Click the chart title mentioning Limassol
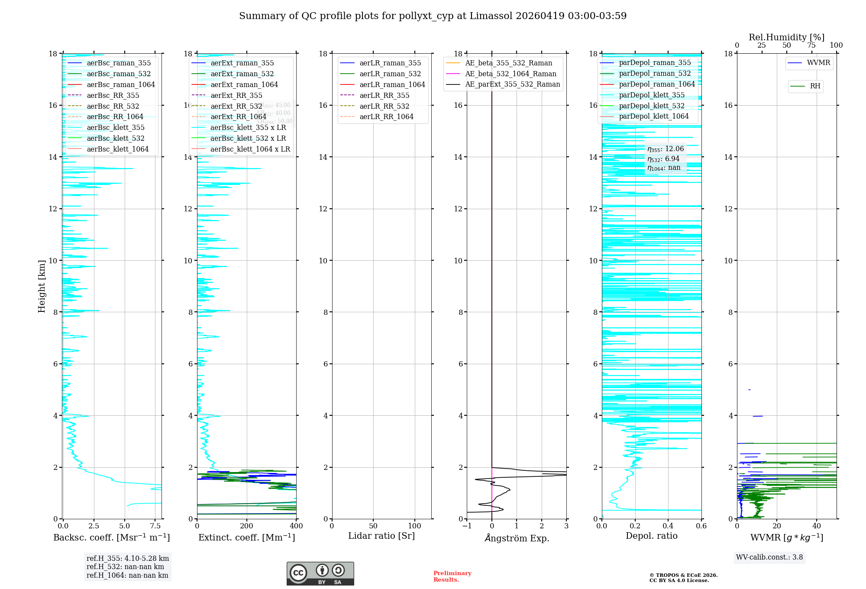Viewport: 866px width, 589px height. tap(433, 16)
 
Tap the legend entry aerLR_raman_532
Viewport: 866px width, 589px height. tap(390, 74)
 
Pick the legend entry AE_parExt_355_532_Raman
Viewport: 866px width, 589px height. tap(512, 84)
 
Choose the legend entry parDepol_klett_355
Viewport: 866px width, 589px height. tap(652, 95)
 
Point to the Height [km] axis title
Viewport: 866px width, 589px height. tap(42, 286)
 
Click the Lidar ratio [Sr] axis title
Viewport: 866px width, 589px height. tap(381, 536)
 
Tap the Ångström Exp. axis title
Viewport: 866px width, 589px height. tap(517, 538)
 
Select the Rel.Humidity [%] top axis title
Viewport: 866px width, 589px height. tap(786, 37)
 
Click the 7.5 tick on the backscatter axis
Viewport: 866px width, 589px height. tap(155, 526)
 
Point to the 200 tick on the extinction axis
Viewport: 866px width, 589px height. tap(247, 526)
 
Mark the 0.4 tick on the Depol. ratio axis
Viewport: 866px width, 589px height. tap(668, 526)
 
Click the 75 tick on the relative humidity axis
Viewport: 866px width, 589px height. tap(811, 45)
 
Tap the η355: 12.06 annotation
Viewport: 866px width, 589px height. tap(666, 149)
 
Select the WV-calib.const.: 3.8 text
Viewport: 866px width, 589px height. tap(769, 557)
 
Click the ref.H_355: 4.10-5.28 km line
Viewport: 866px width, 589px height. tap(128, 559)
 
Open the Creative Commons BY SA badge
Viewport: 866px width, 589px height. tap(320, 573)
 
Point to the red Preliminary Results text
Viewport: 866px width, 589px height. tap(452, 576)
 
